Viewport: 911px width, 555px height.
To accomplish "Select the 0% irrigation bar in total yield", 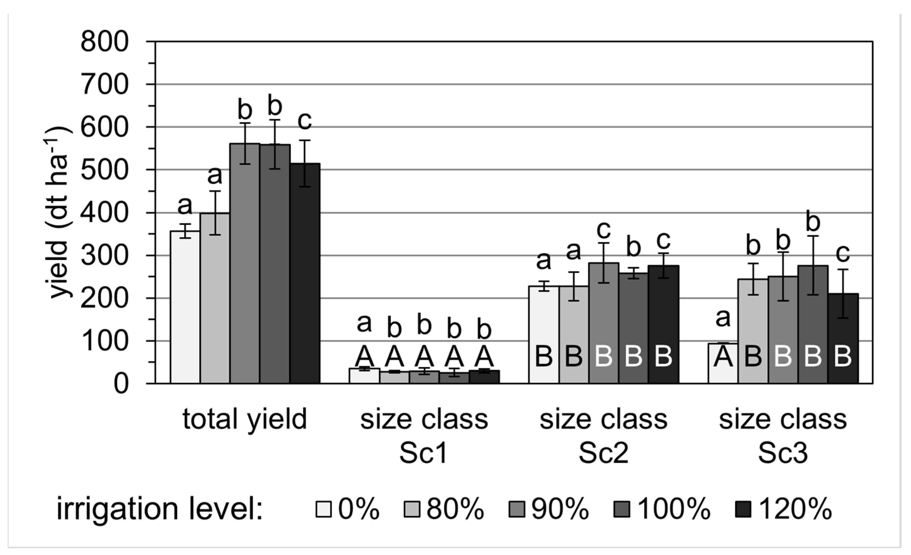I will point(185,307).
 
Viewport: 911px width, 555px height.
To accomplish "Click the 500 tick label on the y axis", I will point(104,170).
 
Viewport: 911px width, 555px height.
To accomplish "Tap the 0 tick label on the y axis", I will point(121,384).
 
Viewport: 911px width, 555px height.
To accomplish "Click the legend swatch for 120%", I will point(743,509).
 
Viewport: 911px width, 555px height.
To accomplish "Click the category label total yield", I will point(244,419).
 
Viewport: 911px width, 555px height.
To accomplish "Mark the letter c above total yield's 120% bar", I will point(305,120).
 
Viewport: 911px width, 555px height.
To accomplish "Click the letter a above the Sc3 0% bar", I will point(723,318).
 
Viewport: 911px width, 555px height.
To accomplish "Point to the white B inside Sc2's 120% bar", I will point(663,356).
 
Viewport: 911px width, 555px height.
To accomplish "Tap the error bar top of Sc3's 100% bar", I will point(813,236).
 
